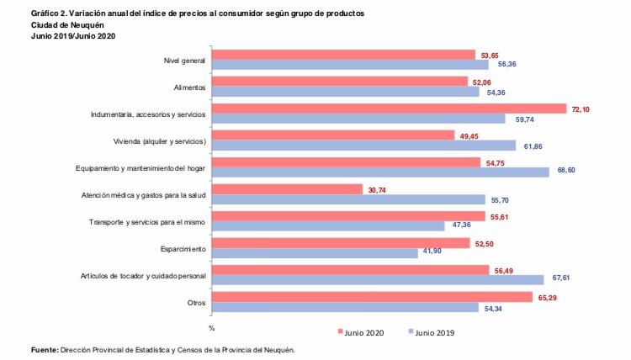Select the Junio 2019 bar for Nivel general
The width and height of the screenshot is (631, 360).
[350, 65]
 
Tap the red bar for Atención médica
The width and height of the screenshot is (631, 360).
[287, 189]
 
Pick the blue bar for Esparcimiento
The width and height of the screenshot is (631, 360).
[315, 253]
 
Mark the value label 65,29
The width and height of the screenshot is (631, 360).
[549, 298]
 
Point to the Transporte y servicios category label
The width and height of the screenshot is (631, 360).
[147, 221]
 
